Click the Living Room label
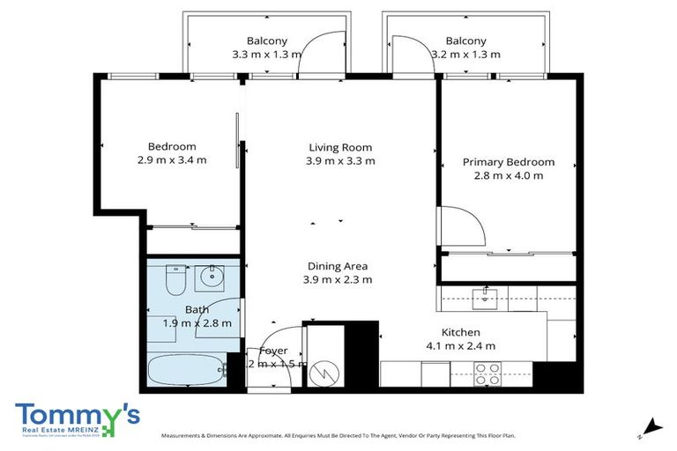pyautogui.click(x=340, y=147)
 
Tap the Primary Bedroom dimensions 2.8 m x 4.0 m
pyautogui.click(x=509, y=175)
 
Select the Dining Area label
pyautogui.click(x=338, y=266)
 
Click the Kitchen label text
pyautogui.click(x=460, y=332)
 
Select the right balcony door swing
pyautogui.click(x=411, y=55)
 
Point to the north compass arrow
pyautogui.click(x=651, y=426)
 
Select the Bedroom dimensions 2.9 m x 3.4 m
pyautogui.click(x=172, y=160)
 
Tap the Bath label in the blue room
pyautogui.click(x=197, y=309)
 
